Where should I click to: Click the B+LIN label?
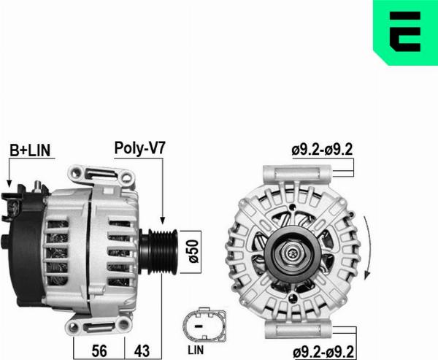point(30,150)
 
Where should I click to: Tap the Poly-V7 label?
point(140,148)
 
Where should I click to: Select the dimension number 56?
point(99,350)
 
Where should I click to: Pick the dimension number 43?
point(142,350)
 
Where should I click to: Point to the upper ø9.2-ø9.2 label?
point(322,150)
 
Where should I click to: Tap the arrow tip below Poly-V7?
point(163,223)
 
